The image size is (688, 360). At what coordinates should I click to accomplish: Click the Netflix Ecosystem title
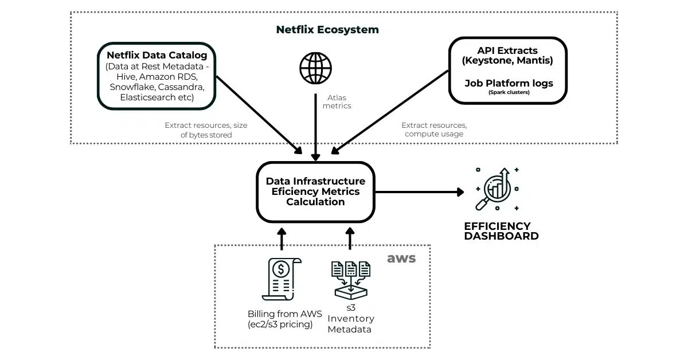click(327, 29)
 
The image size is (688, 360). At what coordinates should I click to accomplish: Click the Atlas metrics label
click(337, 101)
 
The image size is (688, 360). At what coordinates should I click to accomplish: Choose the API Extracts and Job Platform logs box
click(508, 71)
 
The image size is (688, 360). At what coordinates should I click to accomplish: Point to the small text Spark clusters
click(509, 92)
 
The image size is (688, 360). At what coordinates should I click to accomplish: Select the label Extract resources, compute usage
click(433, 130)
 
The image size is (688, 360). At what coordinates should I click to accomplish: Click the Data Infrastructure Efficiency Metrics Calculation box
click(315, 191)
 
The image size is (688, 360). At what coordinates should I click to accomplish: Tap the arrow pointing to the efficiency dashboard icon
click(419, 192)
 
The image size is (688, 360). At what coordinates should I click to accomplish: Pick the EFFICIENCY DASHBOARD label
click(501, 231)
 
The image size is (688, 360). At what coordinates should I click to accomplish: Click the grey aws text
click(401, 258)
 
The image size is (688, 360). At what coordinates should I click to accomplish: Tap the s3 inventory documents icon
click(350, 280)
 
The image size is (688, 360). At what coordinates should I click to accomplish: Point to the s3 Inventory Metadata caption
click(350, 318)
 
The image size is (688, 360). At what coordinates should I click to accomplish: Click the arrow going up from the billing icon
click(281, 238)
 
